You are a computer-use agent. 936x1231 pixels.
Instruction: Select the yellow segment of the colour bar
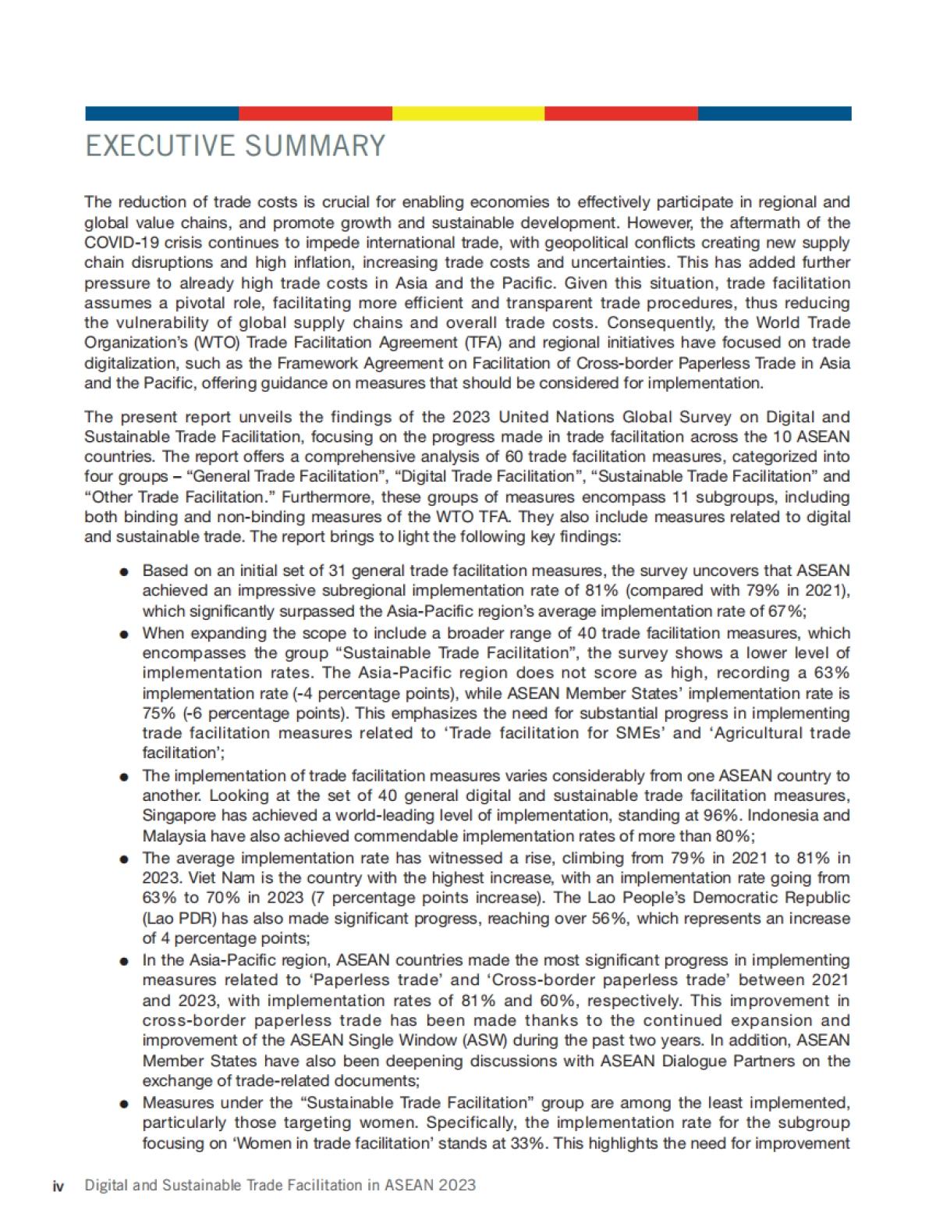point(468,114)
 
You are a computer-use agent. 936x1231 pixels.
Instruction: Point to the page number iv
point(58,1186)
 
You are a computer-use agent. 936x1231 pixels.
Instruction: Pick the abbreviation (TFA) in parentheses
point(464,343)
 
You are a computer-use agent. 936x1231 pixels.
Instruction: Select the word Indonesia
point(786,816)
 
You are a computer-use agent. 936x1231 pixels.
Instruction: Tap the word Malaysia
point(175,836)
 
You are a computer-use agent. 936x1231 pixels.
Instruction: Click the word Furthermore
point(324,497)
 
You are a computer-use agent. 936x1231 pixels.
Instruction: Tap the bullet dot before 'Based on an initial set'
point(124,572)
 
